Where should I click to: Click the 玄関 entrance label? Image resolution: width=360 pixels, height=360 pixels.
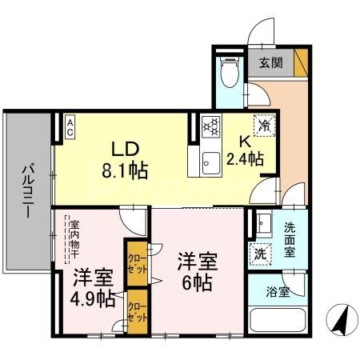[x=271, y=63]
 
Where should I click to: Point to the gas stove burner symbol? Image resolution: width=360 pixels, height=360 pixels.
[x=211, y=126]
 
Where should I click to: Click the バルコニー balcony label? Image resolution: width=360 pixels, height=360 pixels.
[x=26, y=193]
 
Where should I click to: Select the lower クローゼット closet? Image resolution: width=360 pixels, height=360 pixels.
[x=138, y=310]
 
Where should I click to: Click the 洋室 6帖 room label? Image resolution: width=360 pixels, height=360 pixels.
[x=197, y=270]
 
